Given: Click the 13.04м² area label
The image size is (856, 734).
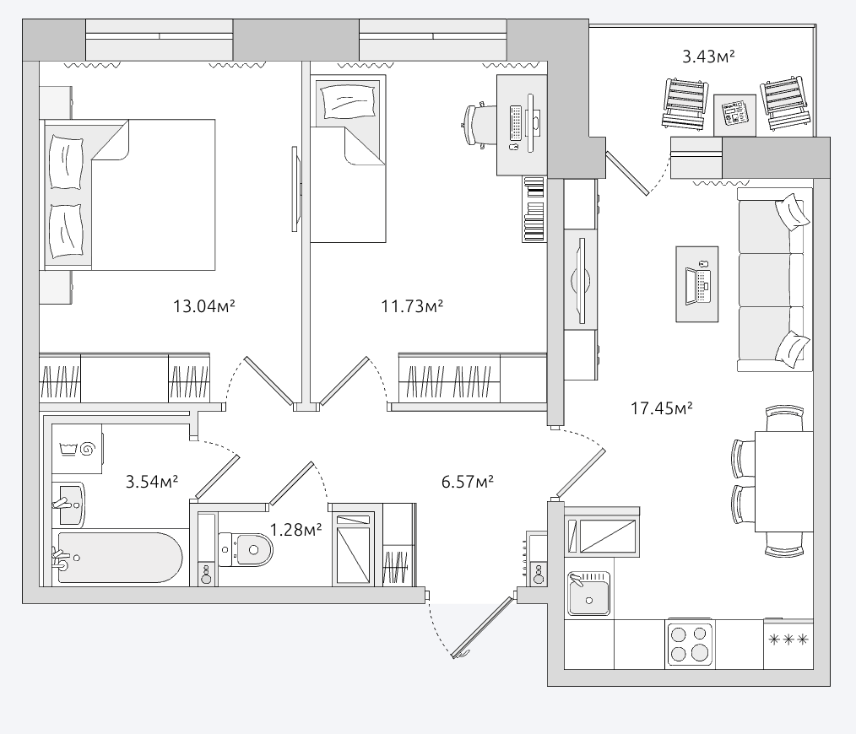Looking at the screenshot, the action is [204, 306].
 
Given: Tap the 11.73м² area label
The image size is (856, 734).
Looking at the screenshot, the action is [412, 306].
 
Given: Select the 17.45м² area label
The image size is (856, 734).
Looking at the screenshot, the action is [662, 407].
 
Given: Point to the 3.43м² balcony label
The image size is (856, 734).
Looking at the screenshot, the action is [708, 57].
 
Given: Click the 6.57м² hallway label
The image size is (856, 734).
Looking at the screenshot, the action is [468, 482].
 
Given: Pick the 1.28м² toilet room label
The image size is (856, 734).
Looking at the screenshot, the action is [296, 529].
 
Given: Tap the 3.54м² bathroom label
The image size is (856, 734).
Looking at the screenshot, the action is [152, 482].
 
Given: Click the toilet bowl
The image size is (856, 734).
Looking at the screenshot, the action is [245, 550].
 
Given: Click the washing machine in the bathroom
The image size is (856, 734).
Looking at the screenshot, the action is [77, 449].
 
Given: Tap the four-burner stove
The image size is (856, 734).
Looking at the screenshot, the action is [690, 644].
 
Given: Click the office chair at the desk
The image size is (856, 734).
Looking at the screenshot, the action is [475, 125].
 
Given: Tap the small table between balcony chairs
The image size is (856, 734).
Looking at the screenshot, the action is [734, 115].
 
